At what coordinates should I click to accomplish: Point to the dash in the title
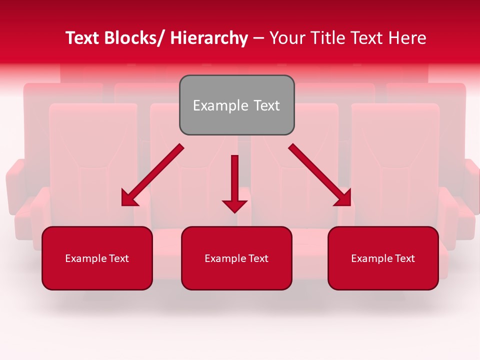click(258, 38)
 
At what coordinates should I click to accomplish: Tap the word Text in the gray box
click(266, 105)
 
